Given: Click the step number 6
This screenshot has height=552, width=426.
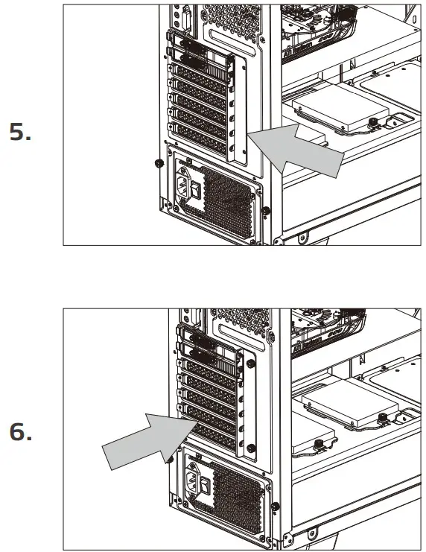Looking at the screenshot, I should click(x=20, y=432).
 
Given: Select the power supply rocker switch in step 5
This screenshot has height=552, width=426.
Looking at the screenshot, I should click(x=195, y=191).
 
